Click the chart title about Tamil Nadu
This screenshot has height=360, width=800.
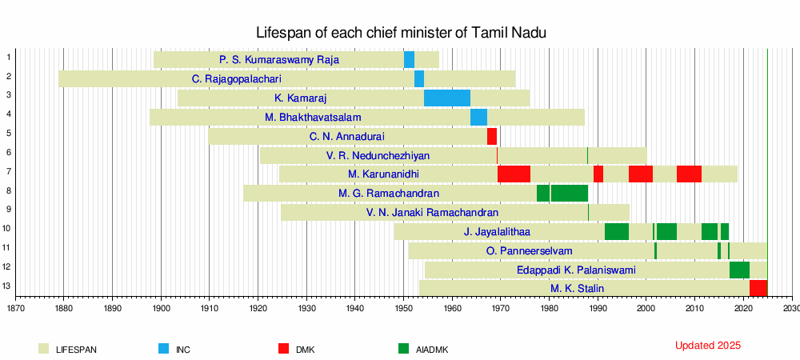pyautogui.click(x=401, y=33)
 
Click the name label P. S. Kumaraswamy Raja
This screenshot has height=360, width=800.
pyautogui.click(x=279, y=60)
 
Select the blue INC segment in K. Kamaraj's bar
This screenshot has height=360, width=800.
pyautogui.click(x=446, y=98)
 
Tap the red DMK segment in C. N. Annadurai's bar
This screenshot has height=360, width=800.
pyautogui.click(x=492, y=136)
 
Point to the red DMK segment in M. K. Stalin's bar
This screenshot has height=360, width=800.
pyautogui.click(x=758, y=288)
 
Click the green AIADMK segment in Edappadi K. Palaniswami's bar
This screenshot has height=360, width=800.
pyautogui.click(x=739, y=270)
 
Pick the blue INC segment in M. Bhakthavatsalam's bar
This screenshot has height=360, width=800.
pyautogui.click(x=478, y=117)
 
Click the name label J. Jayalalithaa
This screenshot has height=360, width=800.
pyautogui.click(x=497, y=232)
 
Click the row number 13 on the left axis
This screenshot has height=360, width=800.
pyautogui.click(x=8, y=286)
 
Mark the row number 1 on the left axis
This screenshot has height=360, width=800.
pyautogui.click(x=8, y=57)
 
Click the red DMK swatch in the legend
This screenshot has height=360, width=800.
pyautogui.click(x=283, y=349)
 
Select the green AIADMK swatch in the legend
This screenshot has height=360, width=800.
pyautogui.click(x=403, y=349)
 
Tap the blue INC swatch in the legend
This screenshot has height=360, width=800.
pyautogui.click(x=163, y=349)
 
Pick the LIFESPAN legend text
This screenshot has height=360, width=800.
pyautogui.click(x=77, y=350)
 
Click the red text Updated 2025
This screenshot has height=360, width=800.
pyautogui.click(x=708, y=346)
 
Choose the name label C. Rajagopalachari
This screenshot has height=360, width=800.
pyautogui.click(x=237, y=79)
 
